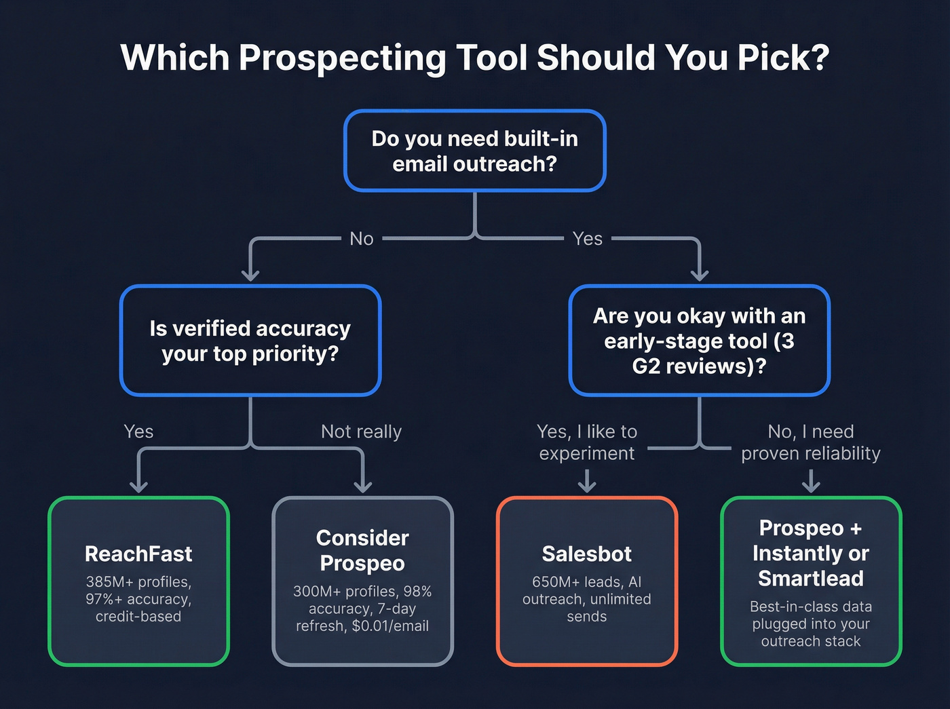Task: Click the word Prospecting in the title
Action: click(342, 58)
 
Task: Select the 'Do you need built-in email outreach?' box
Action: click(474, 151)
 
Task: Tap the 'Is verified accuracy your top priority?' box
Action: click(250, 341)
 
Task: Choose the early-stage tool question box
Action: click(699, 341)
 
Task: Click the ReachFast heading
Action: click(138, 554)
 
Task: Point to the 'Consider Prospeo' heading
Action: click(362, 550)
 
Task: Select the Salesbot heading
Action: click(587, 554)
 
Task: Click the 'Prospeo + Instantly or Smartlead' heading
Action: click(811, 553)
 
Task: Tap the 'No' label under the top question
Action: click(362, 239)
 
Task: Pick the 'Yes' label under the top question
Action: click(587, 239)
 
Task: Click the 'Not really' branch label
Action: click(361, 432)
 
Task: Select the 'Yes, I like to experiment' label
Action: click(587, 442)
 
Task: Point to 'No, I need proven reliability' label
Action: click(811, 442)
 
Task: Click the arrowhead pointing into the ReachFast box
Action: click(138, 486)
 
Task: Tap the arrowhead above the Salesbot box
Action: click(587, 486)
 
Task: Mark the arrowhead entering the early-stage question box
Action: click(700, 275)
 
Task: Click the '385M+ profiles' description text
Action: click(138, 582)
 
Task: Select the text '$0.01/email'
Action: click(390, 626)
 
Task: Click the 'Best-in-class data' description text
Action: click(811, 607)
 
